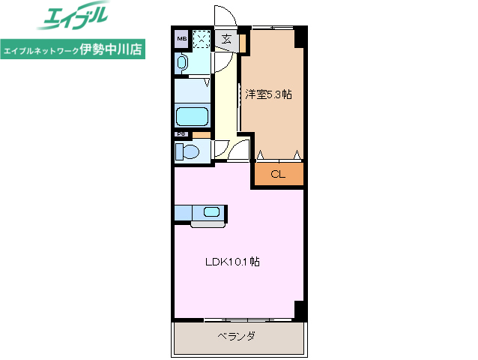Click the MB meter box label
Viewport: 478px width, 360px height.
(x=182, y=37)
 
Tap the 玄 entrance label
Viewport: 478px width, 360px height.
(x=226, y=40)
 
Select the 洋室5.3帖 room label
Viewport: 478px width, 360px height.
(x=269, y=95)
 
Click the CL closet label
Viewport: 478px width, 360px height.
(x=278, y=175)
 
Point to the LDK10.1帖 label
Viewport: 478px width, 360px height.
(x=233, y=262)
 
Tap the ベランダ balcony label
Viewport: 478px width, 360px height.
(x=237, y=336)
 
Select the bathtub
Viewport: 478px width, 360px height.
(x=192, y=117)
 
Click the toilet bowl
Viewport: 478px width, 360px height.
(x=187, y=152)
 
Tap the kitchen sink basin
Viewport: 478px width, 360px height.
(x=211, y=212)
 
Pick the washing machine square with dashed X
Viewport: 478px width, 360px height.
(x=202, y=39)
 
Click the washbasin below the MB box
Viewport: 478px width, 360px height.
(x=182, y=64)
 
